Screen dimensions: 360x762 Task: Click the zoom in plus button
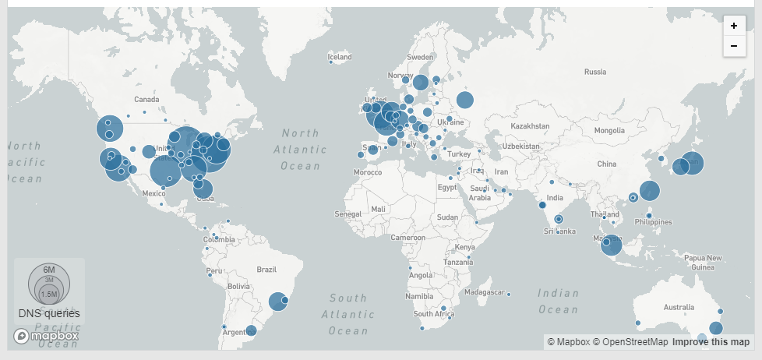tap(733, 26)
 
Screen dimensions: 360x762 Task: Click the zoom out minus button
tap(733, 46)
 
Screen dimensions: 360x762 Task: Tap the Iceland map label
tap(340, 57)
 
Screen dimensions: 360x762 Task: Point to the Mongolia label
tap(609, 131)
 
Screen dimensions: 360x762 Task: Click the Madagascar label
tap(484, 291)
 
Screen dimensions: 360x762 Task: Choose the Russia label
tap(594, 72)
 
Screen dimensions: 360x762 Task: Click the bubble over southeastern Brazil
tap(277, 302)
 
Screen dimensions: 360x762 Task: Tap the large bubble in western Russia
tap(465, 100)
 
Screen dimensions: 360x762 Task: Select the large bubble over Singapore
tap(611, 245)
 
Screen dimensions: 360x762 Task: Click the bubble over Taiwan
tap(649, 190)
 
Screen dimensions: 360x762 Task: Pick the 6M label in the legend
tap(49, 269)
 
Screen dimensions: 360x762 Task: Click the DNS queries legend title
tap(49, 313)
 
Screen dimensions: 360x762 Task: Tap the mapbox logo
tap(47, 336)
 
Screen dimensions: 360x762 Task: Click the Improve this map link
tap(711, 342)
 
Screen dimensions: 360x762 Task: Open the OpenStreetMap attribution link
tap(630, 342)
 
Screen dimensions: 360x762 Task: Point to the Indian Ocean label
tap(558, 302)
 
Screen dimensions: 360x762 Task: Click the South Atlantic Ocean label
tap(347, 314)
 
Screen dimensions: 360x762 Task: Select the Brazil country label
tap(266, 270)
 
